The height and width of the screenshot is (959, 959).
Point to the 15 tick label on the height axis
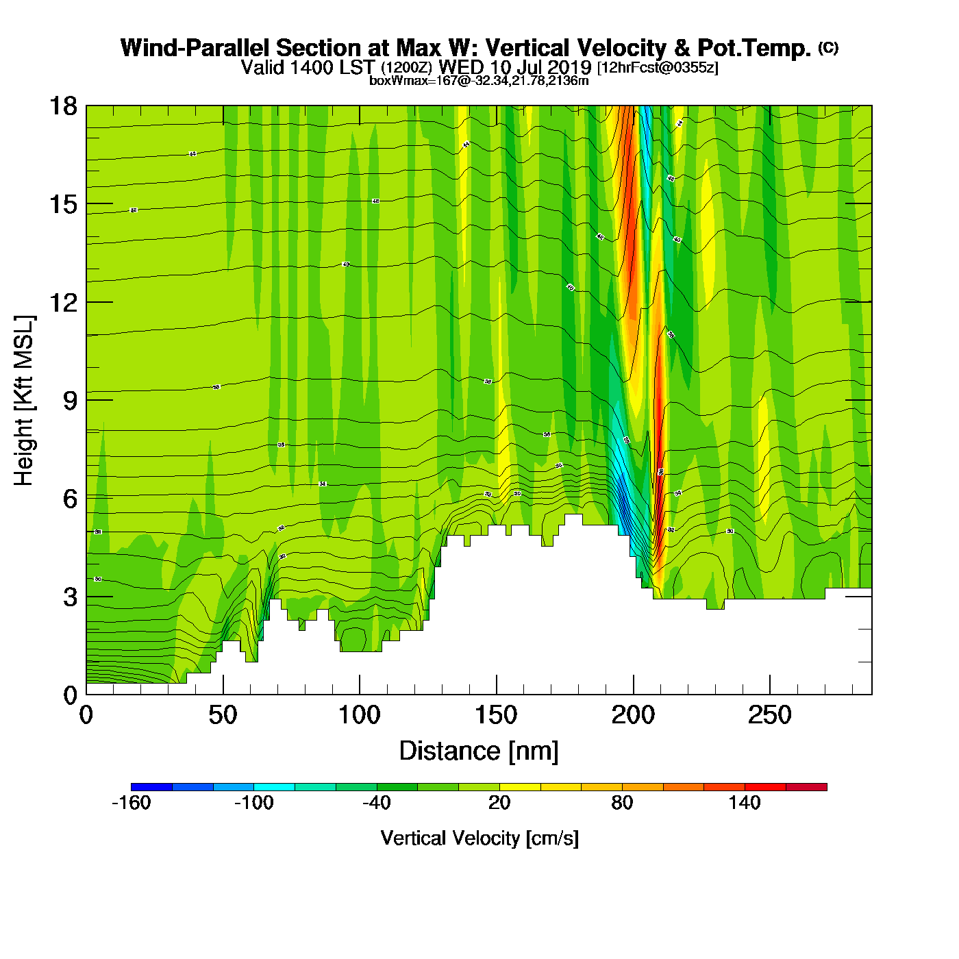62,204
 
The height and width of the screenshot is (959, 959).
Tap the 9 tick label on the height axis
70,401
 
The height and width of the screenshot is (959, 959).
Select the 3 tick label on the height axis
70,597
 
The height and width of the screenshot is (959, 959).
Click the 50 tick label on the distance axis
223,716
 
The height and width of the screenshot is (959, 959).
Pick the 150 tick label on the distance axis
496,716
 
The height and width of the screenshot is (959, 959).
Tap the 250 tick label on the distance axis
769,716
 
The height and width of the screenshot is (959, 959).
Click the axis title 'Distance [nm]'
479,751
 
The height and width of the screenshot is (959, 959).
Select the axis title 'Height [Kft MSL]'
24,401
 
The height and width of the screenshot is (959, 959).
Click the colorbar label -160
131,803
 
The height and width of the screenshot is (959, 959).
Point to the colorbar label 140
745,803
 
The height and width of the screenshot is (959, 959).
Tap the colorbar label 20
499,803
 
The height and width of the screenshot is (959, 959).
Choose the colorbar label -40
377,803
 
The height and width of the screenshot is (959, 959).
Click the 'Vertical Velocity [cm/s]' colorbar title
480,838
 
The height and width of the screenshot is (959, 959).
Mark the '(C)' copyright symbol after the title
828,47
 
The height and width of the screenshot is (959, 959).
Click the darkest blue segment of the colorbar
151,786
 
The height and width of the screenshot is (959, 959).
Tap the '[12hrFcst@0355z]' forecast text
658,68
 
